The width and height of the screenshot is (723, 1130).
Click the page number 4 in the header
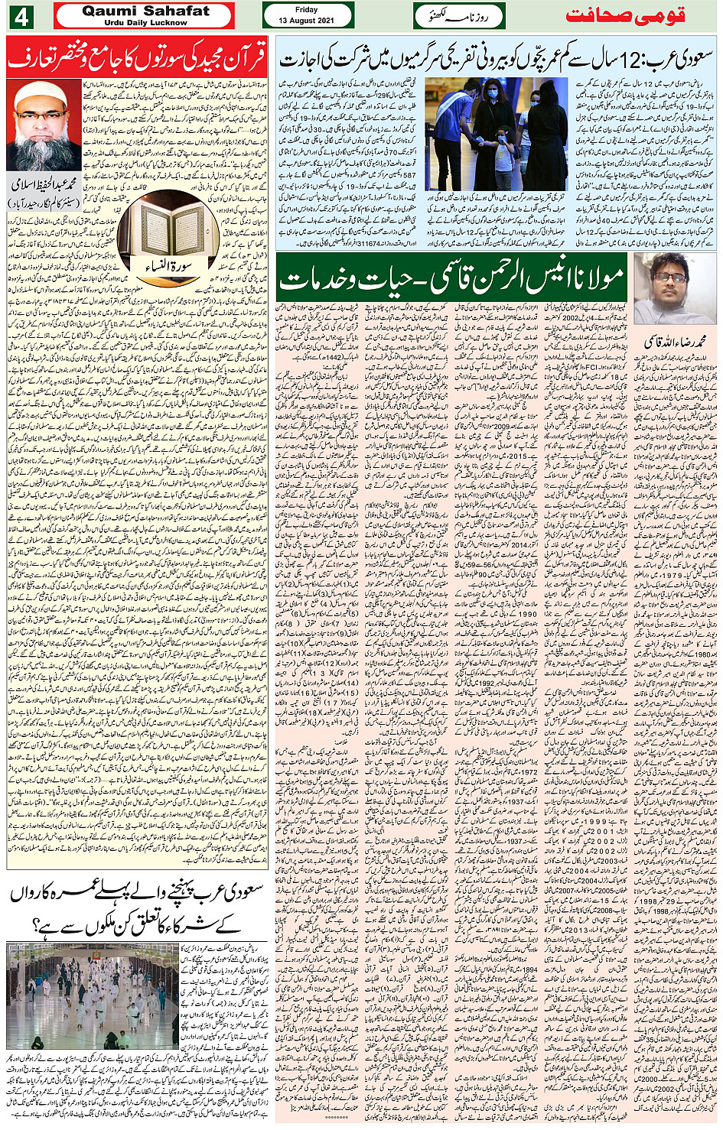tap(21, 16)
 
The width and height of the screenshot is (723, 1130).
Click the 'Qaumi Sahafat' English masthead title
tap(145, 11)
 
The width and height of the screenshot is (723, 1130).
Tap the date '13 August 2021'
tap(307, 21)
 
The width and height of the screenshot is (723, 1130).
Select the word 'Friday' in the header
tap(307, 10)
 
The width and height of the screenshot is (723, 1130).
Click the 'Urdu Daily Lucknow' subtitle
tap(145, 23)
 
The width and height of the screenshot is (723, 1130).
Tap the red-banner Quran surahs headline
tap(138, 57)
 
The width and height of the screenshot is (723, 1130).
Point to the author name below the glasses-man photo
tap(675, 339)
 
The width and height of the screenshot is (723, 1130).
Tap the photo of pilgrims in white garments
tap(93, 995)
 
